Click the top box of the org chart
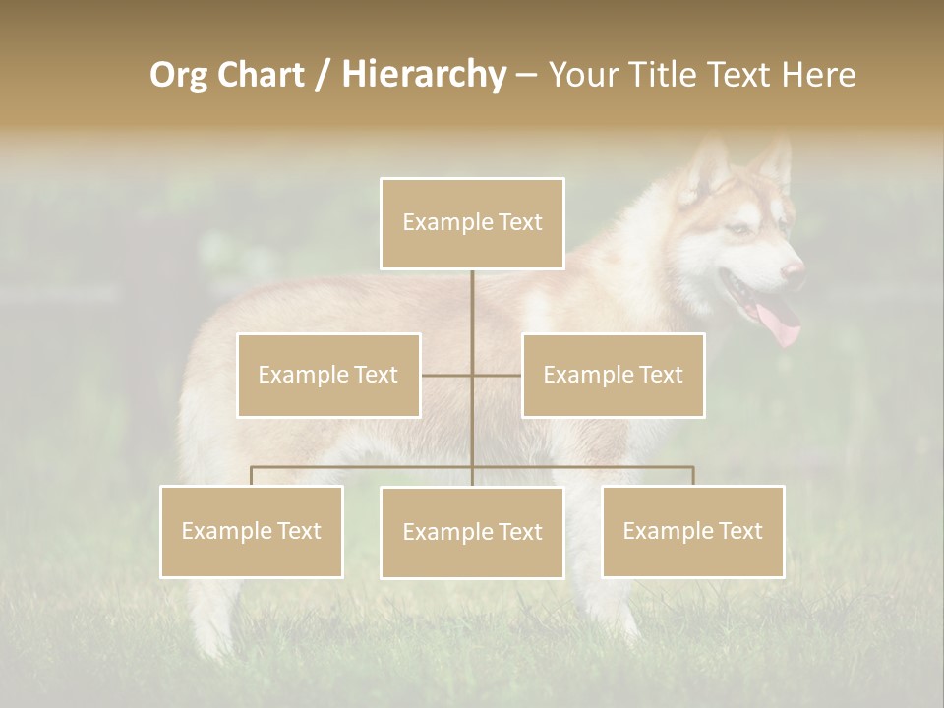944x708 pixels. click(472, 223)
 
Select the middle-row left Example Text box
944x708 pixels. click(328, 375)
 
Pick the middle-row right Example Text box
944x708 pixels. click(613, 375)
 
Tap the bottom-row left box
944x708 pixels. click(252, 531)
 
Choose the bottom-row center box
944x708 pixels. click(472, 532)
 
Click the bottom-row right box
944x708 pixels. click(692, 531)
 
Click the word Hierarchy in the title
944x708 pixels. click(424, 74)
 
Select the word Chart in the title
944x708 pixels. click(256, 74)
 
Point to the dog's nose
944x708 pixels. click(793, 269)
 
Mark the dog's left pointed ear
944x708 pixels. click(708, 161)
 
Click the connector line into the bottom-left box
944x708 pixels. click(252, 476)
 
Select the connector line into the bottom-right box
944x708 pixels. click(692, 476)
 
